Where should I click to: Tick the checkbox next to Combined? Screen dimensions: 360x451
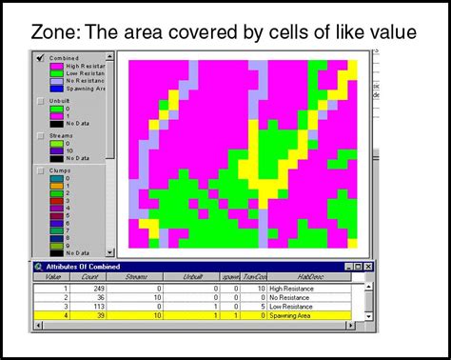39,57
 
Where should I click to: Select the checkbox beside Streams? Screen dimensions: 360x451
39,134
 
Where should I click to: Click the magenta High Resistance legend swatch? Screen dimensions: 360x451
56,66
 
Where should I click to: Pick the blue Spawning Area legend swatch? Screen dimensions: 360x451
56,89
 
